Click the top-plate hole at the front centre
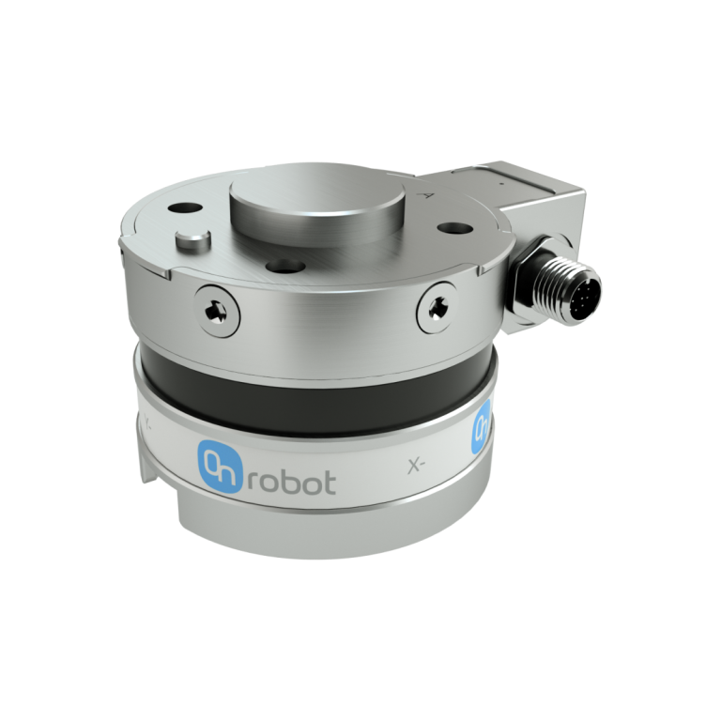(278, 267)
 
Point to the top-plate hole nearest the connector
(456, 228)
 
